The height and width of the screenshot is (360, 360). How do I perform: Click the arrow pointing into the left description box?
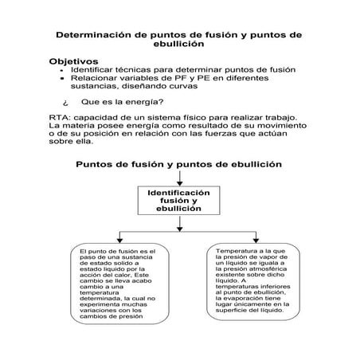[x=119, y=239]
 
